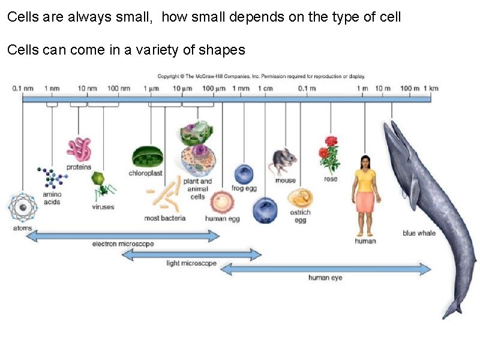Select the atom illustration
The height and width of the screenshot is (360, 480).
23,207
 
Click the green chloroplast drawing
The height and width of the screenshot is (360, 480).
146,157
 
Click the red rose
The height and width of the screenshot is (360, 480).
329,154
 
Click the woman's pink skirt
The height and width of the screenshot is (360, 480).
365,202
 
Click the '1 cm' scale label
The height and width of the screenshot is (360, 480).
266,89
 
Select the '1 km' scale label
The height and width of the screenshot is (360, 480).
431,89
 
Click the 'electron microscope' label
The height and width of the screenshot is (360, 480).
122,244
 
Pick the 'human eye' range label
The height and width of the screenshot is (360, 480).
325,278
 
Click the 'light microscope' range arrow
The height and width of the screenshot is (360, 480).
191,255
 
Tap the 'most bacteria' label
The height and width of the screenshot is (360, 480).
164,218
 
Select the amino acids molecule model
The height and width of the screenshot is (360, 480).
52,178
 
